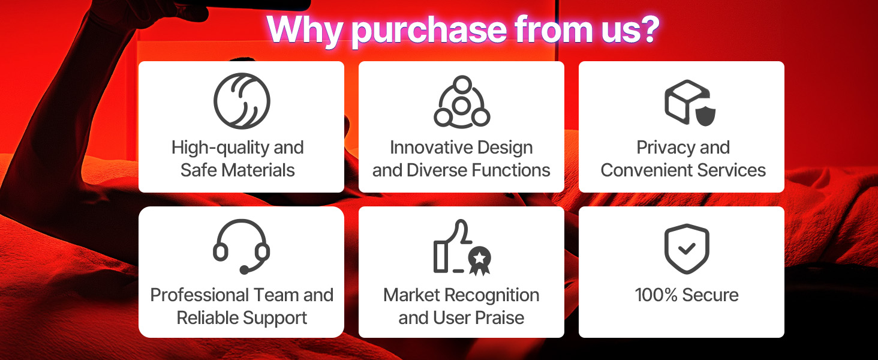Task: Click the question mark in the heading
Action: pyautogui.click(x=648, y=29)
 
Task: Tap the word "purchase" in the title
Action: pyautogui.click(x=429, y=31)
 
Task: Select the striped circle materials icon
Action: pyautogui.click(x=242, y=101)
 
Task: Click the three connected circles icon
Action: pyautogui.click(x=462, y=101)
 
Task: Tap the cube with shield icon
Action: pyautogui.click(x=690, y=103)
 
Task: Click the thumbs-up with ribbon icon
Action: pyautogui.click(x=462, y=247)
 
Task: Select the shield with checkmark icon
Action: pyautogui.click(x=687, y=248)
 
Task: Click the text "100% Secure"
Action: pyautogui.click(x=687, y=295)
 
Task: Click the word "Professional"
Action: pyautogui.click(x=200, y=295)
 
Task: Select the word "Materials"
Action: pyautogui.click(x=258, y=170)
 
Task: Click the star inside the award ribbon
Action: pyautogui.click(x=479, y=258)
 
